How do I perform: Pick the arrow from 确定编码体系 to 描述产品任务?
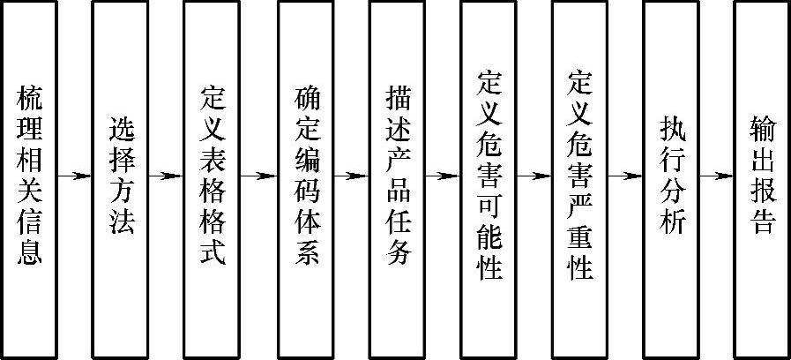point(352,176)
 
